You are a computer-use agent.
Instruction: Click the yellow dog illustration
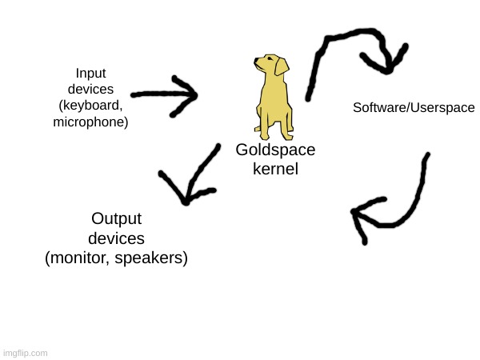click(272, 96)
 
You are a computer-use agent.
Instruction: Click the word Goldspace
click(275, 150)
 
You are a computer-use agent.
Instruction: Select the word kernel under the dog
click(275, 170)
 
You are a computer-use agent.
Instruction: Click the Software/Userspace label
click(414, 107)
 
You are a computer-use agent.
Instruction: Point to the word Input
click(90, 72)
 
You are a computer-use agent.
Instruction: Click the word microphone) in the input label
click(90, 122)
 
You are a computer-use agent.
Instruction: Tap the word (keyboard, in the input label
click(90, 106)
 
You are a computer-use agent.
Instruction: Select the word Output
click(116, 219)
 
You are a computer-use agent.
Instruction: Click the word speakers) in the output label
click(151, 258)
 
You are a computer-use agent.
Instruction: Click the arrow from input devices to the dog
click(166, 94)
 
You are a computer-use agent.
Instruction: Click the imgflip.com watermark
click(25, 353)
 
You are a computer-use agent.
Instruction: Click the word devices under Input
click(90, 89)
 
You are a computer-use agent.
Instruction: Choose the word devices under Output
click(116, 238)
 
